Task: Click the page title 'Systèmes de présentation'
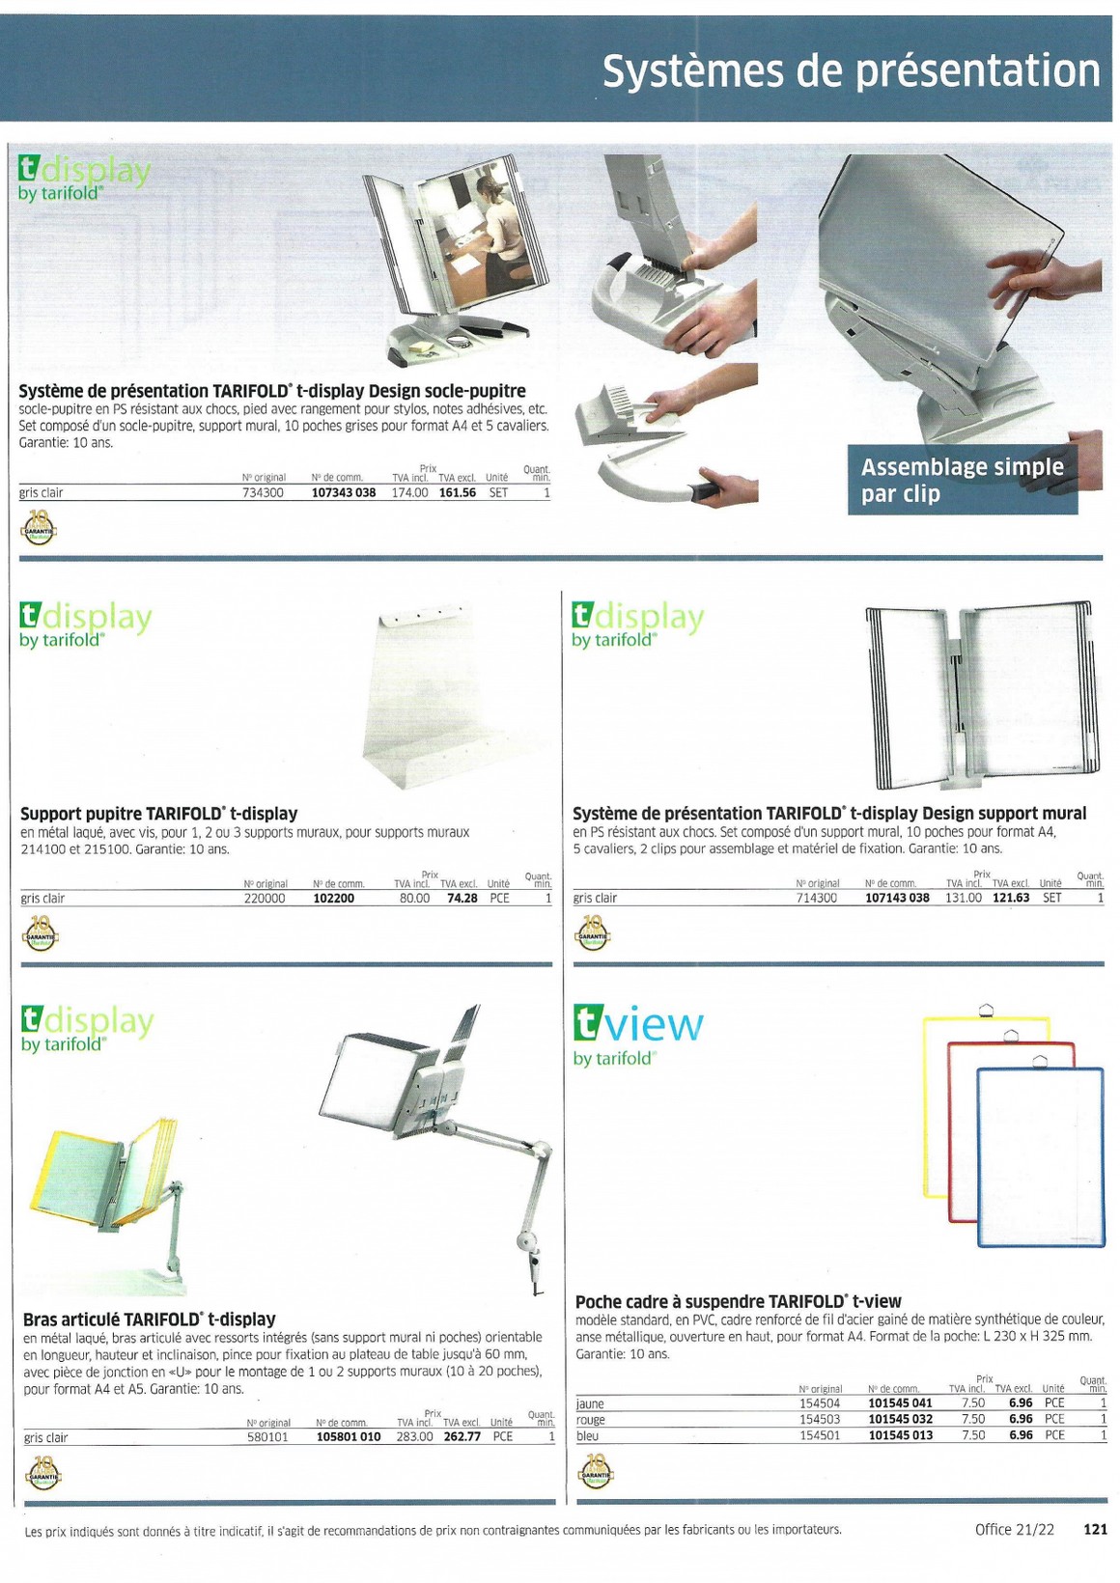852,71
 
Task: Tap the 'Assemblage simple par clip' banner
963,480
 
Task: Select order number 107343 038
344,492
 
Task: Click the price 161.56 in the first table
458,492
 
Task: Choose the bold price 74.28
462,899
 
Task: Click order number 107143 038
897,898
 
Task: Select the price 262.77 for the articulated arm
462,1436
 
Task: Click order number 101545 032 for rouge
900,1419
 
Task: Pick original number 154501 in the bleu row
820,1435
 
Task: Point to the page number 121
1095,1529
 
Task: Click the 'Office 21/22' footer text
1015,1529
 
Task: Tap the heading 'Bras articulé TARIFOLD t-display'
150,1319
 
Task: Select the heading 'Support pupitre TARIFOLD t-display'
159,814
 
